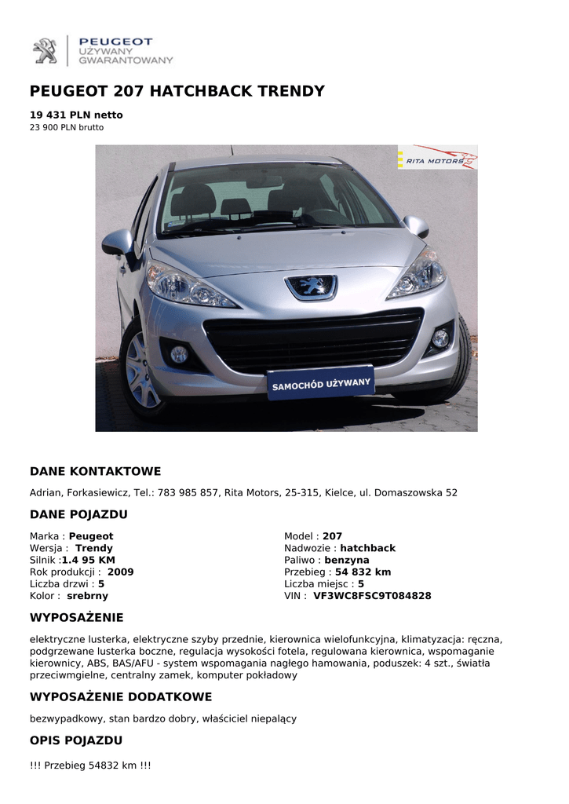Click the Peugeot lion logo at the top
pyautogui.click(x=45, y=51)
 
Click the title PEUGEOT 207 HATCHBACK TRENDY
pyautogui.click(x=177, y=91)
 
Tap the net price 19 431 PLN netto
pyautogui.click(x=76, y=115)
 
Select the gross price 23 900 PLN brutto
pyautogui.click(x=67, y=127)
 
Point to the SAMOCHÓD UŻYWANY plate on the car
pyautogui.click(x=320, y=384)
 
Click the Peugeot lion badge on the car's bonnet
pyautogui.click(x=312, y=287)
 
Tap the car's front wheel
pyautogui.click(x=143, y=368)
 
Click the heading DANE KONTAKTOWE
pyautogui.click(x=95, y=471)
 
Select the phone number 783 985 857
pyautogui.click(x=188, y=493)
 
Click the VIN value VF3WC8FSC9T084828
pyautogui.click(x=372, y=596)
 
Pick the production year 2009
pyautogui.click(x=120, y=572)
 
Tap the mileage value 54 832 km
pyautogui.click(x=363, y=572)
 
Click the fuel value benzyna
pyautogui.click(x=347, y=561)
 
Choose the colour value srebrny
pyautogui.click(x=87, y=596)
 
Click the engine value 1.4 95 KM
pyautogui.click(x=89, y=561)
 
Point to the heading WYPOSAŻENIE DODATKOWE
pyautogui.click(x=121, y=697)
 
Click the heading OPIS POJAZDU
pyautogui.click(x=76, y=740)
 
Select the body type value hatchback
pyautogui.click(x=367, y=548)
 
